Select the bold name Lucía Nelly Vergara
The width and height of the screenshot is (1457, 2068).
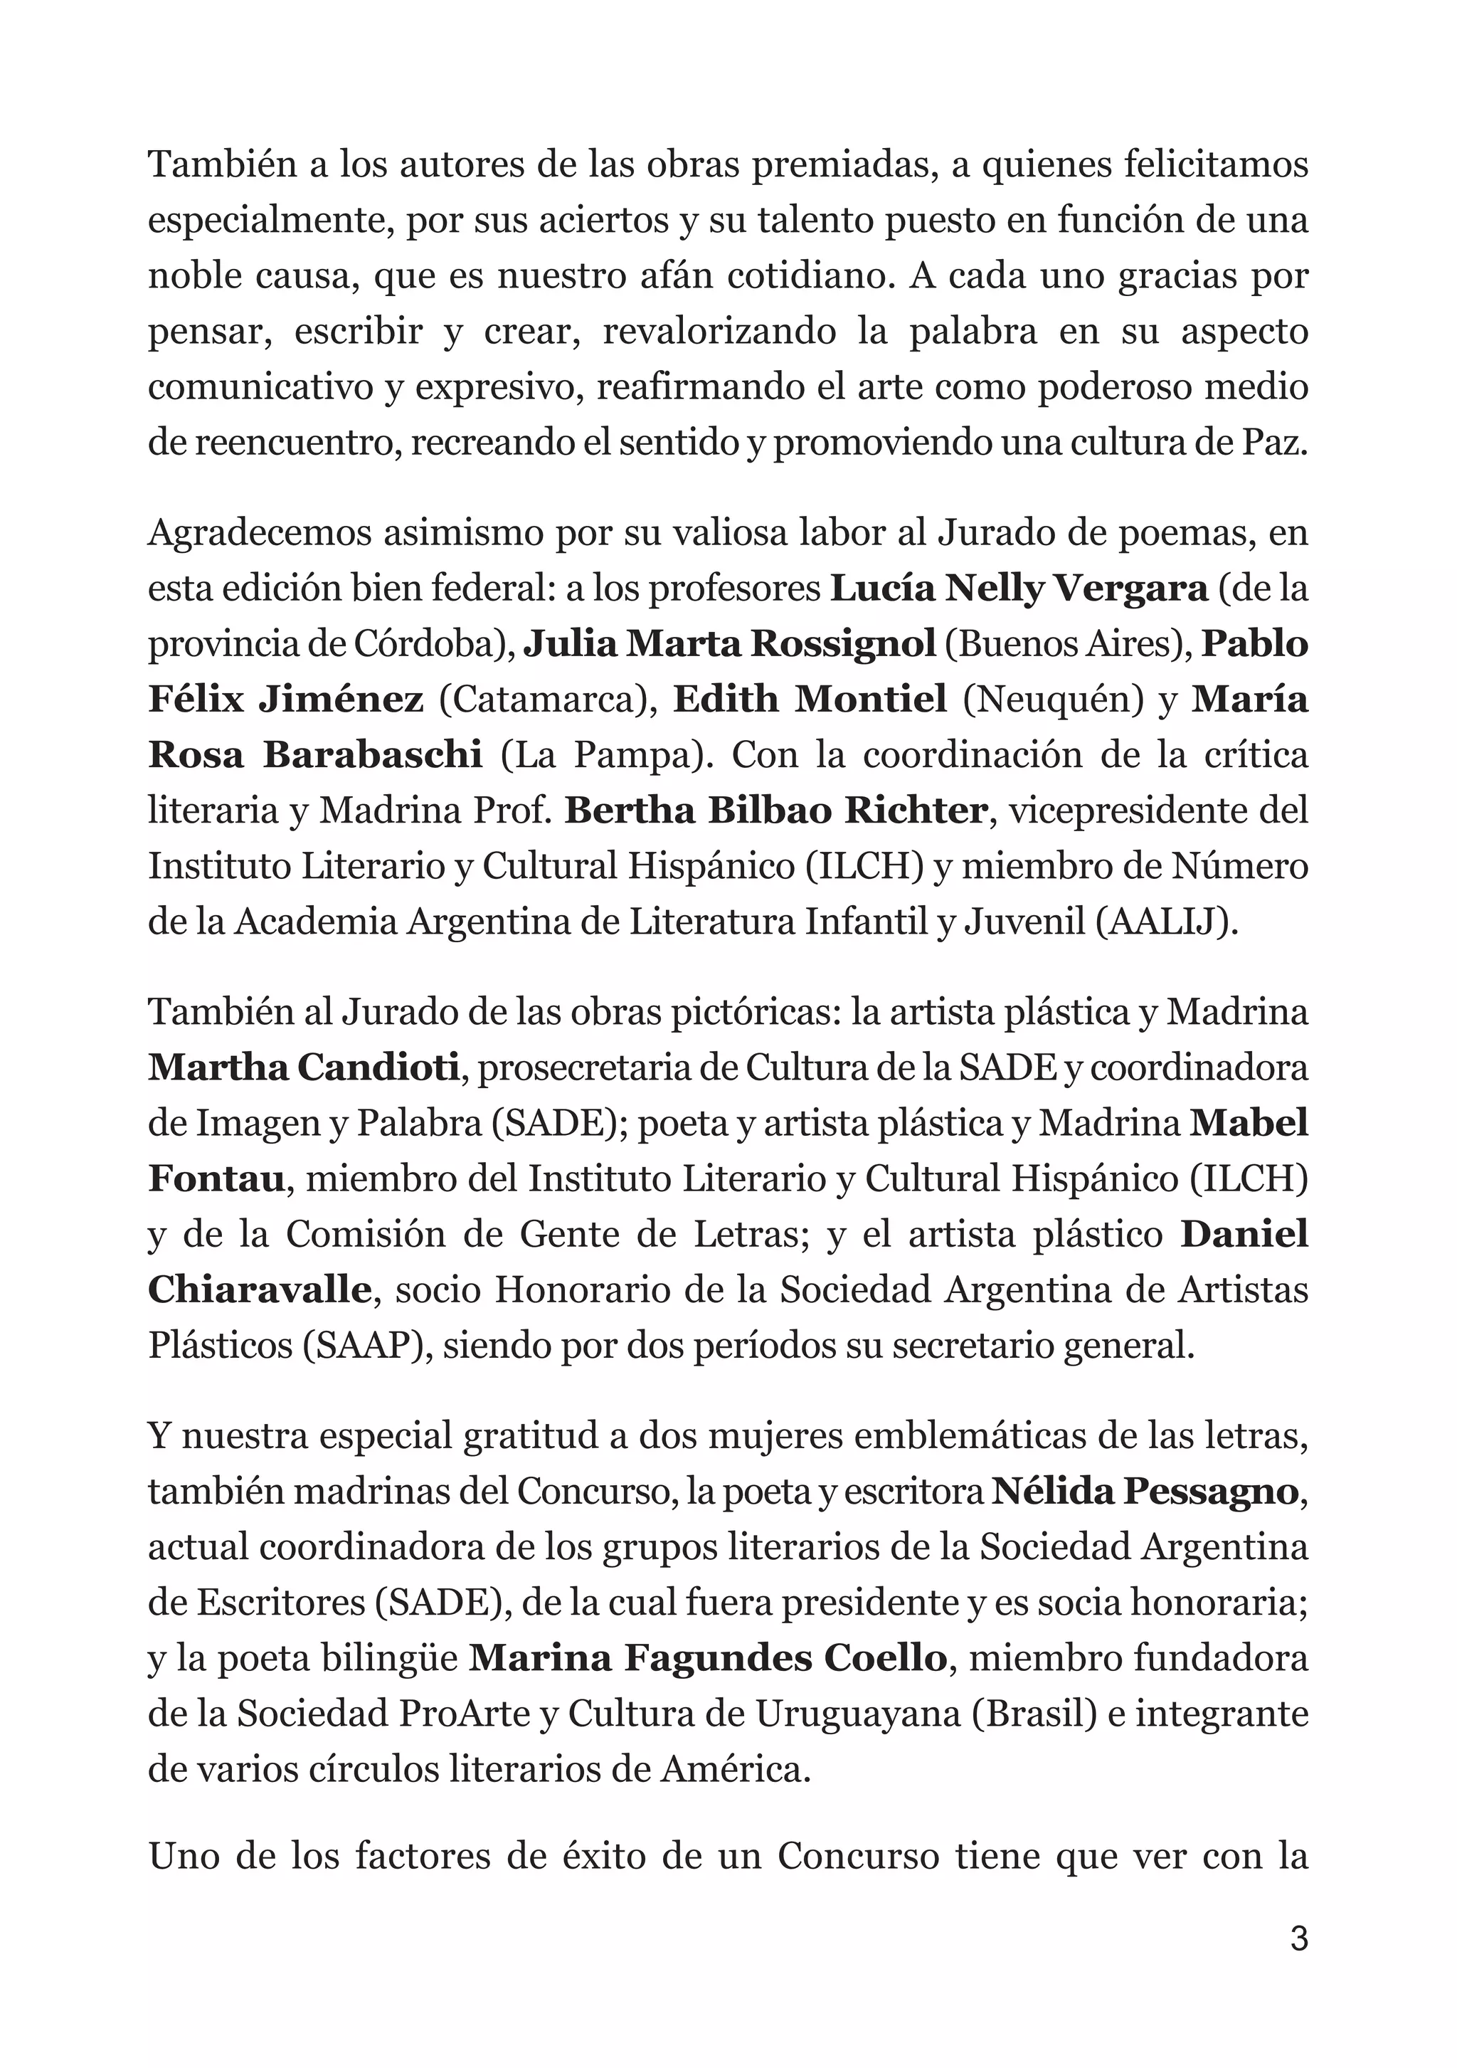pos(1017,589)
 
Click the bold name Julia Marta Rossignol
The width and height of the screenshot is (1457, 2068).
pos(729,644)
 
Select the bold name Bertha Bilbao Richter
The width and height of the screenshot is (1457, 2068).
pos(775,811)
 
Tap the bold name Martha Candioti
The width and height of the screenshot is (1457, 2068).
pos(304,1068)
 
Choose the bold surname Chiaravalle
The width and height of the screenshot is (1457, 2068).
pos(260,1289)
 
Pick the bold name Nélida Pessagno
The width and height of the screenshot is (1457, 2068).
pos(1145,1492)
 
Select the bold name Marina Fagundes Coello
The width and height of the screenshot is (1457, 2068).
pos(708,1658)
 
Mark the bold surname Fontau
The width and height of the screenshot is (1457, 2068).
pos(216,1179)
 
